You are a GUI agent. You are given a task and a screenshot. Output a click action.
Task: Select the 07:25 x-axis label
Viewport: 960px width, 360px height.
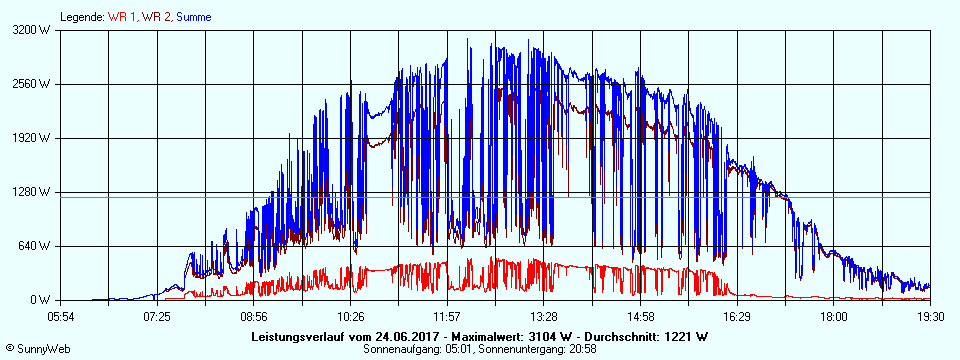click(157, 316)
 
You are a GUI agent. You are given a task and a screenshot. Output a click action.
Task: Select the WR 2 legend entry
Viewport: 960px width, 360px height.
click(155, 17)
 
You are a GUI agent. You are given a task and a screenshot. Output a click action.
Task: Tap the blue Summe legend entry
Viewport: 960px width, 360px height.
click(194, 17)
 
